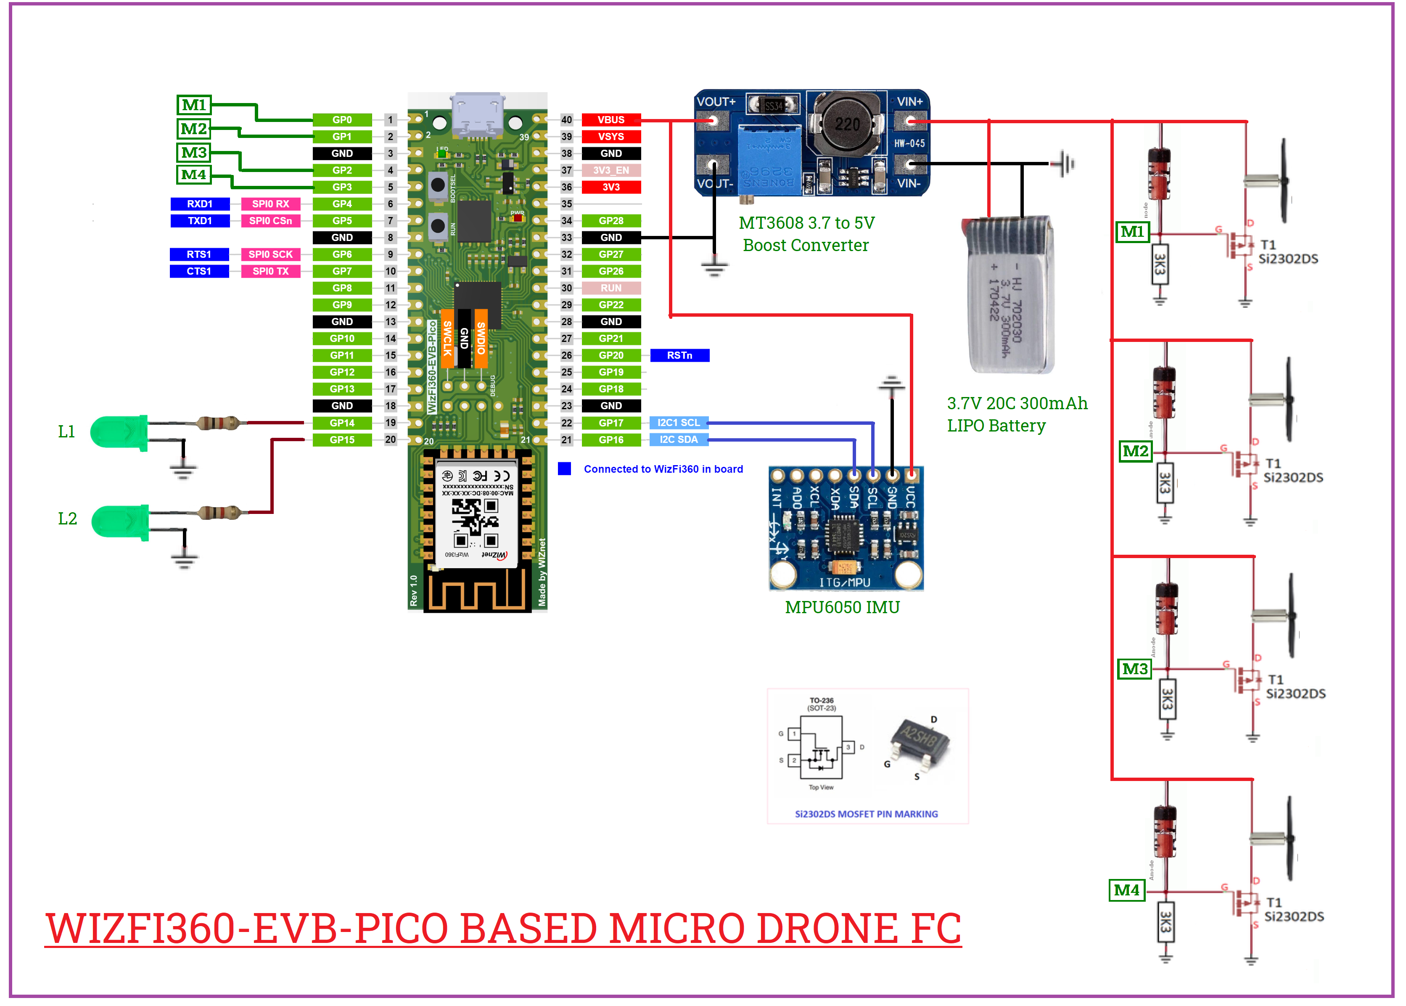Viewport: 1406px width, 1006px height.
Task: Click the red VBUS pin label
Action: click(x=610, y=119)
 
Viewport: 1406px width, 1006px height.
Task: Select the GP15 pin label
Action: click(x=342, y=440)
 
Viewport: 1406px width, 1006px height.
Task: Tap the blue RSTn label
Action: click(x=679, y=355)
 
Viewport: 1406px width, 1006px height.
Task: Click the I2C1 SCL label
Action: click(x=679, y=423)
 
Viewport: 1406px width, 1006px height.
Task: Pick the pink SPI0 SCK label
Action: click(x=270, y=254)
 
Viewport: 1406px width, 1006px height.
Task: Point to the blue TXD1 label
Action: click(x=200, y=220)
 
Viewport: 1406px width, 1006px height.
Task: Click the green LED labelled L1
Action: click(x=118, y=432)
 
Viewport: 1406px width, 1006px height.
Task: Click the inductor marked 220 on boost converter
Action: click(x=846, y=124)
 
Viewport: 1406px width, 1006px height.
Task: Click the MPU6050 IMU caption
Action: click(x=842, y=607)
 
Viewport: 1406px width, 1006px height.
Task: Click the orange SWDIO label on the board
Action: click(x=481, y=338)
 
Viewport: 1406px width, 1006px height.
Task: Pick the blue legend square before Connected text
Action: click(x=564, y=469)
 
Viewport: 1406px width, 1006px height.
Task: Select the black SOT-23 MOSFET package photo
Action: click(x=918, y=740)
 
